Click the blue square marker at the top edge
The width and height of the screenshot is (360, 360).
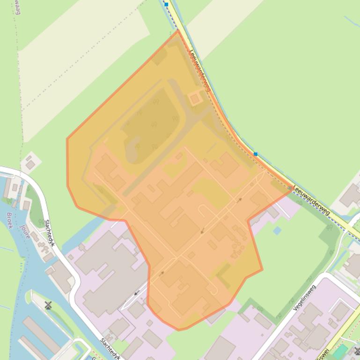click(166, 4)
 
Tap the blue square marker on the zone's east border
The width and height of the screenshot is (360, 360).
click(256, 154)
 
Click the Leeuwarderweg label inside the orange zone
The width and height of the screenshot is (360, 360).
click(200, 71)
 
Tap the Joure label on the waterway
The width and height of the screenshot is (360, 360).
click(25, 231)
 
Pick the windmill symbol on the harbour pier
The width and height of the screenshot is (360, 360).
click(48, 305)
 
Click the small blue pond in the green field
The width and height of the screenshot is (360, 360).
click(277, 230)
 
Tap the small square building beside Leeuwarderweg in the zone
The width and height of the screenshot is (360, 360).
click(195, 99)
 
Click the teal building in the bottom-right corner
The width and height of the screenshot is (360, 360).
click(341, 351)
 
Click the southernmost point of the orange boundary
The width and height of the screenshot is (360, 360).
click(179, 330)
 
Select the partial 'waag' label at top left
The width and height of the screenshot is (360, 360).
click(18, 7)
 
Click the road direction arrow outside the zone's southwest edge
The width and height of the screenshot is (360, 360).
click(137, 293)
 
